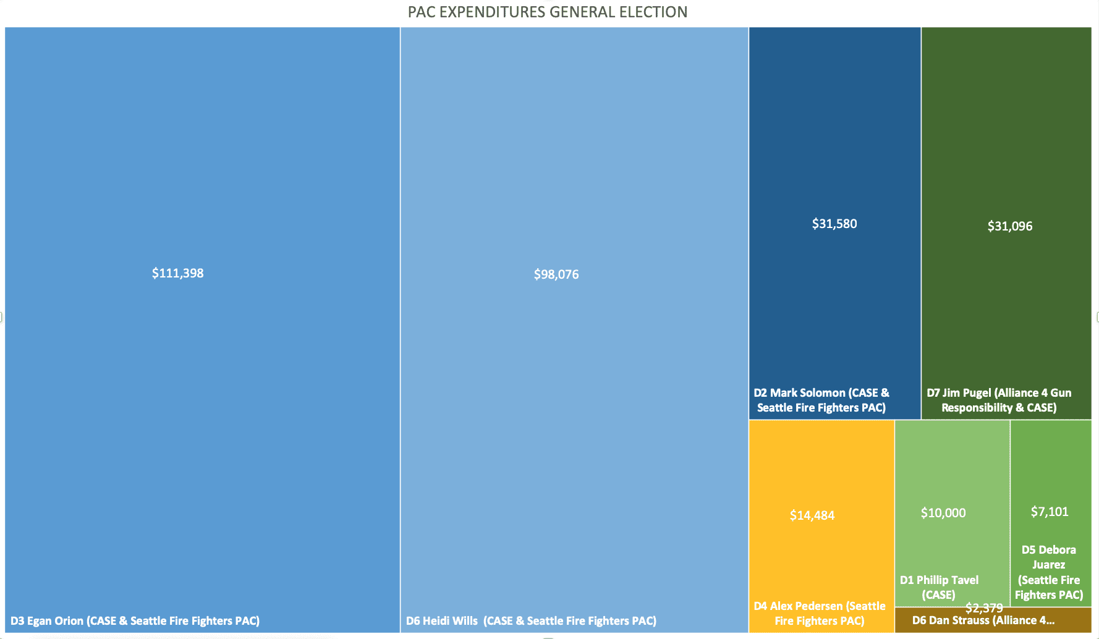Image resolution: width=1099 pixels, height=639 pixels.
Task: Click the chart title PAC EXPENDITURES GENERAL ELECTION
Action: [547, 12]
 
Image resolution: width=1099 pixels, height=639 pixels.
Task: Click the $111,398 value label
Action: [177, 273]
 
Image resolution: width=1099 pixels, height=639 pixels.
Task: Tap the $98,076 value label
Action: [556, 274]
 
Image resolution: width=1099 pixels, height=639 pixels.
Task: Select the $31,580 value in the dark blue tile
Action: [834, 224]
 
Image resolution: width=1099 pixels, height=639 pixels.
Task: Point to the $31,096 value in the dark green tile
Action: [1010, 226]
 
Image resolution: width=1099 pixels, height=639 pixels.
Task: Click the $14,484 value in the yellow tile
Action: [812, 515]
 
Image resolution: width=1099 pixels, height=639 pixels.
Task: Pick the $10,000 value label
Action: [943, 513]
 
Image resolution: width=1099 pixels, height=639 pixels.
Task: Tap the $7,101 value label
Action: [1050, 512]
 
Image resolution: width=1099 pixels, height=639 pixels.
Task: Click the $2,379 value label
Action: [984, 608]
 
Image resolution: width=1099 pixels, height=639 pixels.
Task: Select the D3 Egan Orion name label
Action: [135, 620]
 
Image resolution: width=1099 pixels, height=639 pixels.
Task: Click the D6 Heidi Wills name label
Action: [531, 620]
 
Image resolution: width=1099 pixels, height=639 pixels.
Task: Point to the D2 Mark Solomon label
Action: [821, 400]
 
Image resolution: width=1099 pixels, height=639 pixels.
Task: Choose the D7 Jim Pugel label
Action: [999, 400]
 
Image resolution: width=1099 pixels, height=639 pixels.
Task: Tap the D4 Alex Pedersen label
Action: [820, 613]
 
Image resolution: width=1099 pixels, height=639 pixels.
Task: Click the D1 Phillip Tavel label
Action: [939, 587]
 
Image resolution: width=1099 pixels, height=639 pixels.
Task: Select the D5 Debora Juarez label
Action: [1049, 572]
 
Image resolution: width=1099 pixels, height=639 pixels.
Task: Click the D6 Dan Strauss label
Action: [983, 620]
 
